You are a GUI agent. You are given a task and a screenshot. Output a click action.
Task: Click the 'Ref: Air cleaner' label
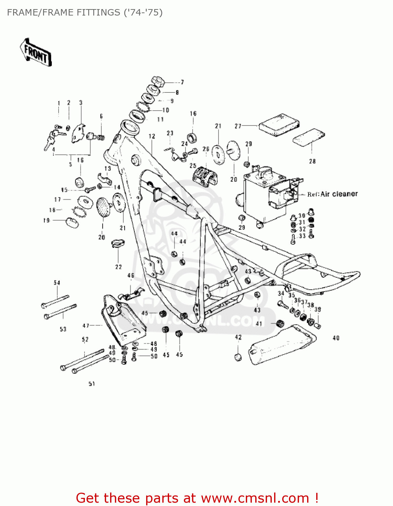(x=332, y=194)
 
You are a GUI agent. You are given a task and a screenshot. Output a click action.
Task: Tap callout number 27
(x=238, y=126)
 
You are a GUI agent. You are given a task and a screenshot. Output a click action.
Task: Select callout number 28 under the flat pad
(x=312, y=161)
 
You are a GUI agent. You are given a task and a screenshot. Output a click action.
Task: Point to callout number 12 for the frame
(x=152, y=136)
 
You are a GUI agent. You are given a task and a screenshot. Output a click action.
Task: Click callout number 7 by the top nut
(x=182, y=82)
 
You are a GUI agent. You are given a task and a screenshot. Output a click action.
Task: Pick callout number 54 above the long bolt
(x=57, y=283)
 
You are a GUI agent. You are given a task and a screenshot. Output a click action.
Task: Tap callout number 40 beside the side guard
(x=336, y=338)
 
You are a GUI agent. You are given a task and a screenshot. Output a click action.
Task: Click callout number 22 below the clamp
(x=119, y=267)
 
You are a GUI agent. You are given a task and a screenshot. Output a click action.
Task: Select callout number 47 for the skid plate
(x=86, y=326)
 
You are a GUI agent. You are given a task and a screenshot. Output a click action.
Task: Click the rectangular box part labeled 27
(x=279, y=124)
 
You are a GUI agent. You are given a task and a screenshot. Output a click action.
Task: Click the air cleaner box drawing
(x=266, y=196)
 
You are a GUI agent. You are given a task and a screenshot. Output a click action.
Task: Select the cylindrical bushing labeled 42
(x=238, y=357)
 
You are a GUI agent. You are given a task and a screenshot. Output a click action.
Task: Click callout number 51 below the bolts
(x=92, y=384)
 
